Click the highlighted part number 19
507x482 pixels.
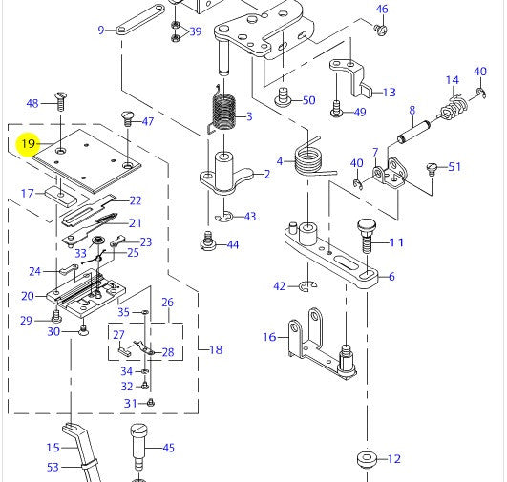click(28, 144)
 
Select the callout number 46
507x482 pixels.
click(382, 10)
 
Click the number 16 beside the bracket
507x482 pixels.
click(269, 337)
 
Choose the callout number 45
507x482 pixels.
click(168, 447)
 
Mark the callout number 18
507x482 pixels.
click(216, 349)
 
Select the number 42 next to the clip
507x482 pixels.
click(280, 285)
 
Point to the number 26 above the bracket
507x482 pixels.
click(167, 303)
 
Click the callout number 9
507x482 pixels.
click(101, 31)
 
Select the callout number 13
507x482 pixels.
click(389, 93)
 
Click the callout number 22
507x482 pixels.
click(136, 200)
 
